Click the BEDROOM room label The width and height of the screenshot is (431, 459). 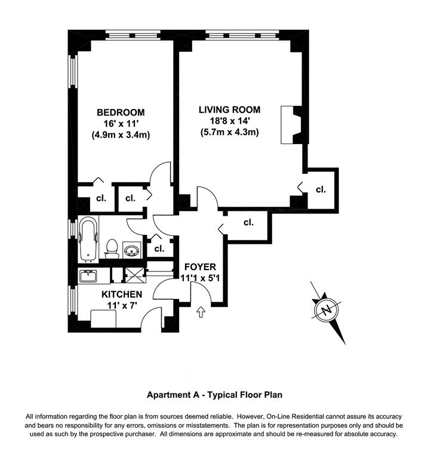pos(121,112)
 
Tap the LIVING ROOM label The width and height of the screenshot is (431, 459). pos(230,109)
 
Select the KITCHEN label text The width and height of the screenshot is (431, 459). pos(121,295)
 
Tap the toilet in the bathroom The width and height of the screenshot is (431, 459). pos(111,247)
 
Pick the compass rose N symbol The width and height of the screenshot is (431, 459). pos(326,310)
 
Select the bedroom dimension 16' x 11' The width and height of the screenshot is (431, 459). pos(121,123)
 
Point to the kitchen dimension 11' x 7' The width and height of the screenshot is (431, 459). pos(121,305)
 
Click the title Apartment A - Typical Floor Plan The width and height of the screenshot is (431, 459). pos(215,394)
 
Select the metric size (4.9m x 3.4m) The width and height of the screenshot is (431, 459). pos(121,134)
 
